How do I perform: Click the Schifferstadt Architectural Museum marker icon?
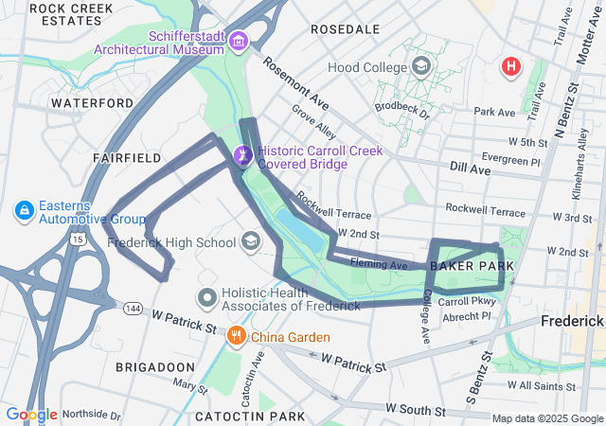pyautogui.click(x=237, y=41)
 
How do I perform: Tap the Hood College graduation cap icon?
pyautogui.click(x=421, y=67)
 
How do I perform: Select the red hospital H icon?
pyautogui.click(x=511, y=66)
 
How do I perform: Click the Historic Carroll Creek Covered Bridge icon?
pyautogui.click(x=241, y=152)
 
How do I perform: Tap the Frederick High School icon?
pyautogui.click(x=251, y=242)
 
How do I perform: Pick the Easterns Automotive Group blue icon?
pyautogui.click(x=25, y=208)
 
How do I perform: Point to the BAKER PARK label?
pyautogui.click(x=472, y=267)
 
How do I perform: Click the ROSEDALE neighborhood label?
pyautogui.click(x=345, y=29)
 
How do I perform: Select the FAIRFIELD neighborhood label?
pyautogui.click(x=127, y=158)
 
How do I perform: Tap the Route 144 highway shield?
pyautogui.click(x=130, y=307)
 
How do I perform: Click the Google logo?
pyautogui.click(x=31, y=415)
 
